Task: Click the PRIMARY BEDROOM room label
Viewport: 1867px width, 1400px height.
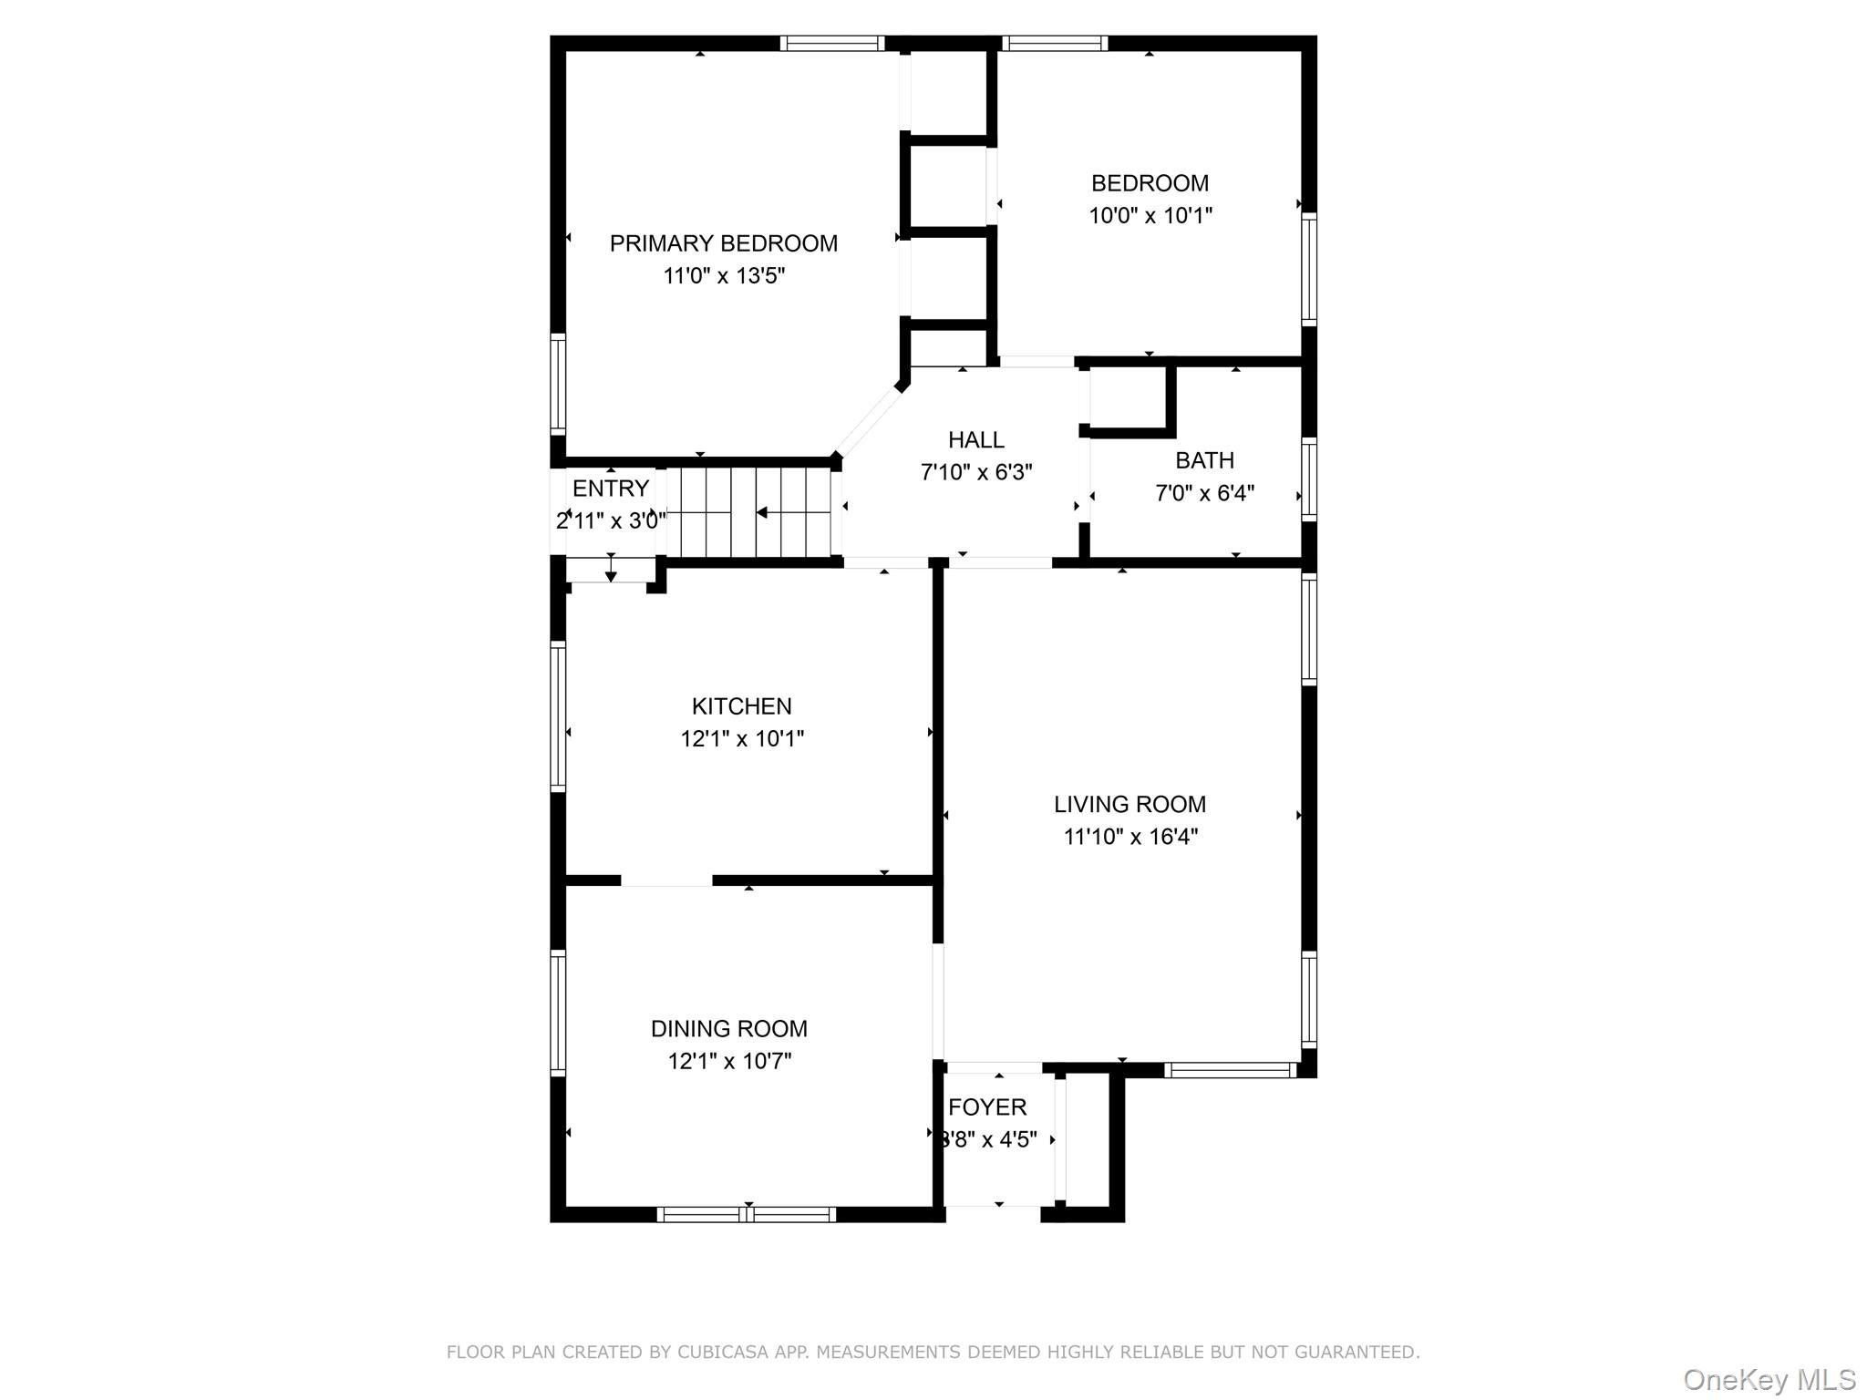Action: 723,243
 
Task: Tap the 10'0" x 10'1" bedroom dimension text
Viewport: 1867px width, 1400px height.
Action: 1150,216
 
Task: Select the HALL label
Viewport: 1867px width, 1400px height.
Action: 976,440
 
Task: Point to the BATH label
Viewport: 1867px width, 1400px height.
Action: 1204,460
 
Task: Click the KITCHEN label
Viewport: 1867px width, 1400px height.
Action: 741,706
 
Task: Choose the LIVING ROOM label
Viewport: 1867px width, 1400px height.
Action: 1129,804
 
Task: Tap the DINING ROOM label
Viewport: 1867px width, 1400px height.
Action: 728,1029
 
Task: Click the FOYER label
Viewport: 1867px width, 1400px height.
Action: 987,1107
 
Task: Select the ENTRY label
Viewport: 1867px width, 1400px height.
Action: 610,489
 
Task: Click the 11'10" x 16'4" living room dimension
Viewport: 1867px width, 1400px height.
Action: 1130,837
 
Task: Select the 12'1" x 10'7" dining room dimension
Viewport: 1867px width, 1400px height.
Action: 729,1062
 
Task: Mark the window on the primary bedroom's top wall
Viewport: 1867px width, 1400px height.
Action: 831,43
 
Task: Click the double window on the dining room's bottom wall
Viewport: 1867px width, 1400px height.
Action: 746,1214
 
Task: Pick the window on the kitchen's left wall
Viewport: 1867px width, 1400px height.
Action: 558,715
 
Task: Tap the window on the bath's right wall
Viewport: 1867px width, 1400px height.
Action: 1309,479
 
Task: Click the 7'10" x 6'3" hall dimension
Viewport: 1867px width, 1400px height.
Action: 976,473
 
